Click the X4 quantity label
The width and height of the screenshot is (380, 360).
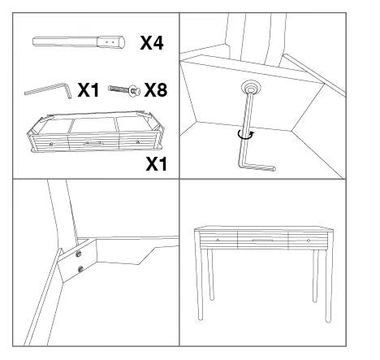pyautogui.click(x=152, y=43)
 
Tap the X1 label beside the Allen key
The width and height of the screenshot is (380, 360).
pyautogui.click(x=90, y=90)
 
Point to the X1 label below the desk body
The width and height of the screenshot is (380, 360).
pyautogui.click(x=155, y=165)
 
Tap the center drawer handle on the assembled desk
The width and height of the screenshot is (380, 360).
pyautogui.click(x=261, y=241)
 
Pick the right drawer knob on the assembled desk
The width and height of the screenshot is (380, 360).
pyautogui.click(x=308, y=241)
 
